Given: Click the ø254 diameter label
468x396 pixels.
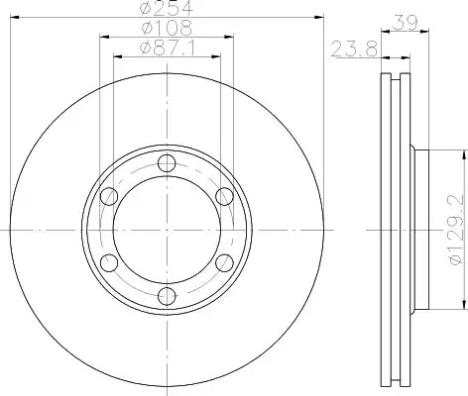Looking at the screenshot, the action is click(x=167, y=7).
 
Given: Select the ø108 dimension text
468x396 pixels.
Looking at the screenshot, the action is click(x=167, y=27).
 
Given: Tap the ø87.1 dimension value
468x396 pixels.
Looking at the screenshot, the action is click(x=168, y=49).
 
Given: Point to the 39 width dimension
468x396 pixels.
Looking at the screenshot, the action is click(x=406, y=22).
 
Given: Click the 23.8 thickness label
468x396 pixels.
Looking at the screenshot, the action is click(x=354, y=49).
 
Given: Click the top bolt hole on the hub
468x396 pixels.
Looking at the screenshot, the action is click(x=167, y=163).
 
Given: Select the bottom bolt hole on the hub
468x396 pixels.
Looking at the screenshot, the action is click(x=167, y=296).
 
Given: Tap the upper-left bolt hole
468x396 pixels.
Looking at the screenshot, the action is click(x=109, y=196).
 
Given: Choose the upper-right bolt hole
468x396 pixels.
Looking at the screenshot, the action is click(x=224, y=196).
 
